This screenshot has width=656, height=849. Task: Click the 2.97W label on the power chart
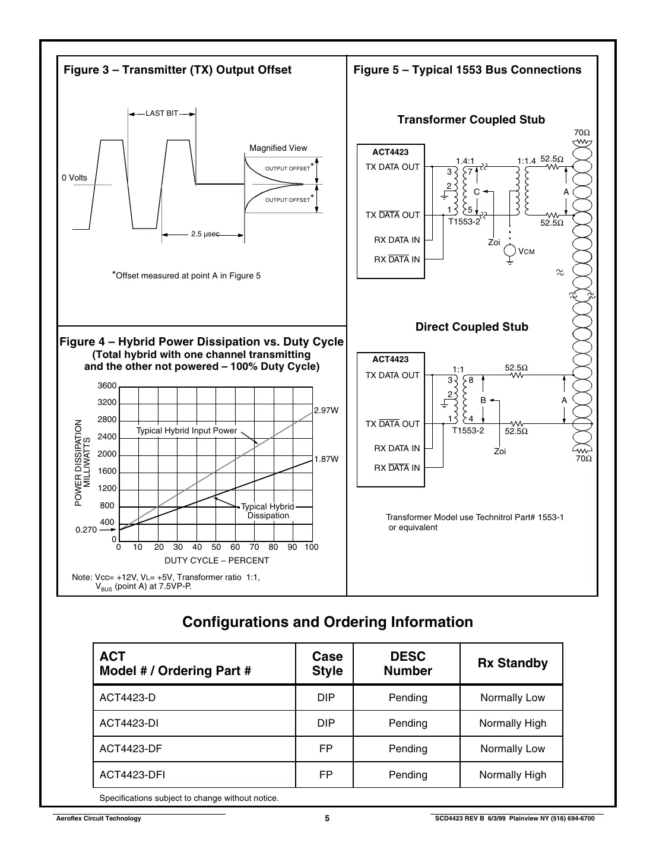pos(326,410)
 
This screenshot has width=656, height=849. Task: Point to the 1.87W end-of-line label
pos(326,459)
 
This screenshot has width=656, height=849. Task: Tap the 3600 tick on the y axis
pos(107,386)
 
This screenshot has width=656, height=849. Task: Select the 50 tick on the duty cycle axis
pos(216,547)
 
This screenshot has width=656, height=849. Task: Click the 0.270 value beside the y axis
pos(86,530)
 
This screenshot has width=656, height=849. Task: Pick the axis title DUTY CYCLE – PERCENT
pos(217,560)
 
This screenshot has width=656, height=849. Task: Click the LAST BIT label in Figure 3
pos(162,113)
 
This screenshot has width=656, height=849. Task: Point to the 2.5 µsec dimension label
pos(205,235)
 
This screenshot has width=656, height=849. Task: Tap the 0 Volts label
pos(74,178)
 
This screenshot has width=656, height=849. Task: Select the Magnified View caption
pos(278,148)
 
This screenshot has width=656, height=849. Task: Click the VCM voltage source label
pos(527,252)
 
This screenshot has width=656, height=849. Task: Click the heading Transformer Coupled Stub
pos(471,120)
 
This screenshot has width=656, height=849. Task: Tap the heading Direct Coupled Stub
pos(471,327)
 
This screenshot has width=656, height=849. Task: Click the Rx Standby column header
pos(512,663)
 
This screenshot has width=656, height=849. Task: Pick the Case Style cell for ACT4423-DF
pos(326,749)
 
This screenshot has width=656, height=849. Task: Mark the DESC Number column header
pos(408,663)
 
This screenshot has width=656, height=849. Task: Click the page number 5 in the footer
pos(327,818)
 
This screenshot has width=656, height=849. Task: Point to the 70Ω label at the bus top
pos(582,132)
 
